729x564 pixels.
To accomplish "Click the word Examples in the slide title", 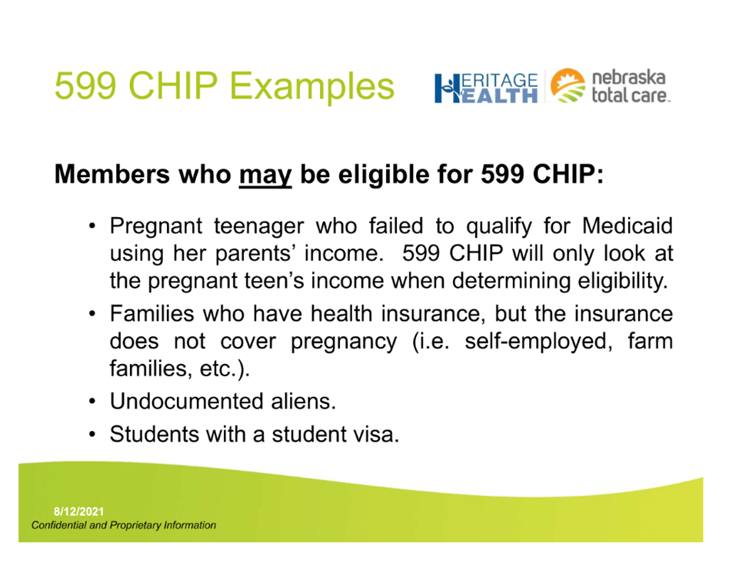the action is click(x=312, y=86).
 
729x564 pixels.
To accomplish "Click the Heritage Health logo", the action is click(x=486, y=88).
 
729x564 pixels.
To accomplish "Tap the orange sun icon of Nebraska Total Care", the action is click(x=568, y=85).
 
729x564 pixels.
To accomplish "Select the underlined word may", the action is click(x=265, y=175).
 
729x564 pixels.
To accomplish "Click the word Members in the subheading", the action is click(x=112, y=174).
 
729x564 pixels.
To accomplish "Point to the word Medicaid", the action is click(x=627, y=226).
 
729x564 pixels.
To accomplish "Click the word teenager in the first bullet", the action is click(x=259, y=227).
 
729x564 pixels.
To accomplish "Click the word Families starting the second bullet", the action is click(x=151, y=314).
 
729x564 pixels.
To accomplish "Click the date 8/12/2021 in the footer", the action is click(x=79, y=512).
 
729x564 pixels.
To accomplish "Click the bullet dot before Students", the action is click(x=92, y=436).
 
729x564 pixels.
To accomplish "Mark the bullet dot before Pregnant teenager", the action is click(x=92, y=227).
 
